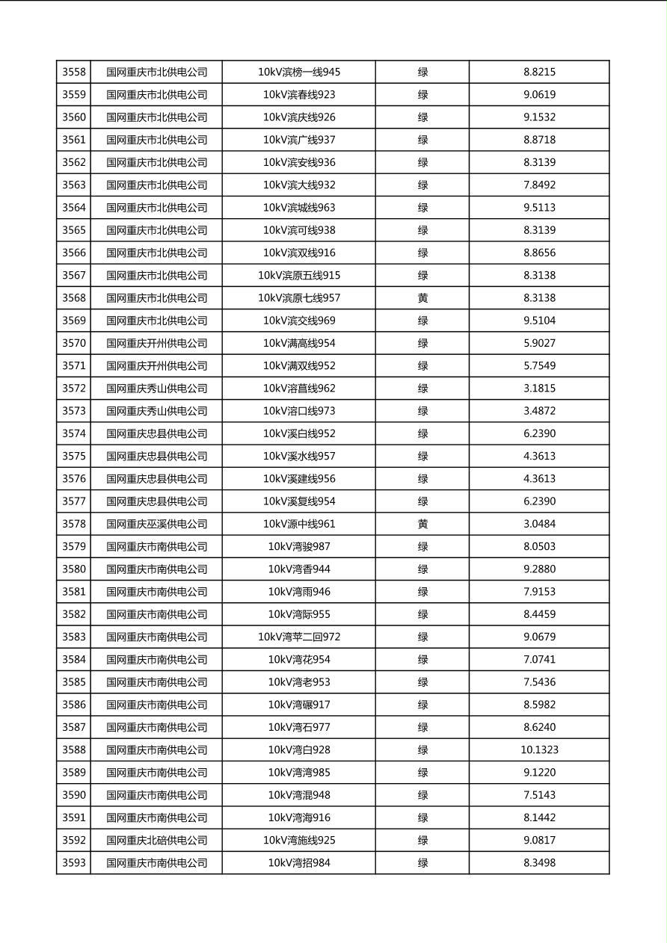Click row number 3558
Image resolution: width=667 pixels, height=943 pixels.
(x=74, y=72)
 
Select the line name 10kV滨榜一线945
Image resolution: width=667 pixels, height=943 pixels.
(x=299, y=72)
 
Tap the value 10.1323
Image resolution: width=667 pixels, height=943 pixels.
(x=539, y=750)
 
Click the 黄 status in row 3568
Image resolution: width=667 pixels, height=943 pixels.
(x=422, y=298)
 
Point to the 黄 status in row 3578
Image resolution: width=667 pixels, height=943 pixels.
(x=422, y=524)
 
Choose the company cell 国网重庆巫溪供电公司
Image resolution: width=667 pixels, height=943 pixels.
(x=156, y=524)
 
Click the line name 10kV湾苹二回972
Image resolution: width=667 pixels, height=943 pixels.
(x=299, y=637)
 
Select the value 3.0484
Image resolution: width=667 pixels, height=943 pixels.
(x=539, y=524)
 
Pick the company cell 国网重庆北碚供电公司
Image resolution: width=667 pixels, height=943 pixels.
(x=156, y=841)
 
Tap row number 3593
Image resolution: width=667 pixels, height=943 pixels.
(x=74, y=863)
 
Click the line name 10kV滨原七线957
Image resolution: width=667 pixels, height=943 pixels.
(x=299, y=298)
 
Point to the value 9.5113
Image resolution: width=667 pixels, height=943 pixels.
(x=539, y=208)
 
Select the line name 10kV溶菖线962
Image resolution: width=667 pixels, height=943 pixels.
(x=299, y=389)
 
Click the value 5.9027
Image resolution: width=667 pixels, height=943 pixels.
(x=539, y=344)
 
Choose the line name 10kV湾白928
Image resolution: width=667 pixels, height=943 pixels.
(x=299, y=750)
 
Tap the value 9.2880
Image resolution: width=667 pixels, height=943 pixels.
(x=539, y=569)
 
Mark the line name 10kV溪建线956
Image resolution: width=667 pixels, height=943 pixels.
(x=299, y=479)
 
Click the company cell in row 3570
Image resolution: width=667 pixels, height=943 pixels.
(x=156, y=344)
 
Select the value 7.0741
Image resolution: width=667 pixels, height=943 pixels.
(x=539, y=660)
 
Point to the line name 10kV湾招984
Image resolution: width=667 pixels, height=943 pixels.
(x=299, y=863)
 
